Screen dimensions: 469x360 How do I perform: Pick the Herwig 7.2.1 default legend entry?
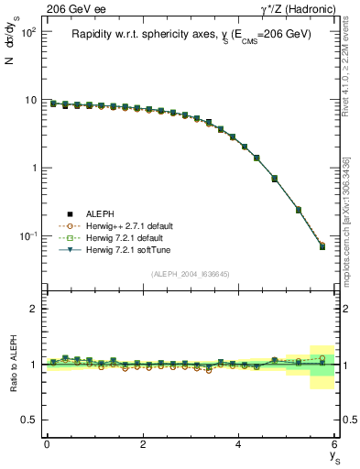(x=124, y=237)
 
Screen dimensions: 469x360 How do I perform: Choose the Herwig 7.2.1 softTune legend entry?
(x=125, y=249)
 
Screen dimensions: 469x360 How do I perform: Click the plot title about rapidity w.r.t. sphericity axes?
(x=191, y=34)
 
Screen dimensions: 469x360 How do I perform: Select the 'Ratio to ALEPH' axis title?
(x=14, y=364)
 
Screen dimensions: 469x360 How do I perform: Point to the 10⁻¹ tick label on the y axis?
(x=27, y=236)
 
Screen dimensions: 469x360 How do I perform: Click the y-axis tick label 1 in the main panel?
(x=32, y=169)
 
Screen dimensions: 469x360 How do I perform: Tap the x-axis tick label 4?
(x=239, y=443)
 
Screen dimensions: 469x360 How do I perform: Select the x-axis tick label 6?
(x=335, y=443)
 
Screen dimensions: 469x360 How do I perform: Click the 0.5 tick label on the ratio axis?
(x=28, y=420)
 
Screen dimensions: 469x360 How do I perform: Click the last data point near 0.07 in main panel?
(x=322, y=246)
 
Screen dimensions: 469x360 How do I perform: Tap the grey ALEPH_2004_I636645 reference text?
(x=191, y=274)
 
